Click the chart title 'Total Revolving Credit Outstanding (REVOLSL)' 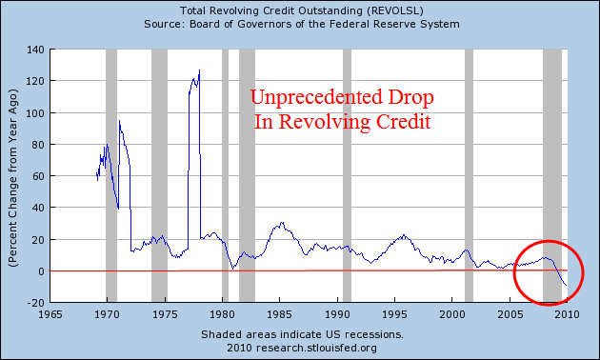point(300,9)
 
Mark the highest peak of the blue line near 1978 point(199,70)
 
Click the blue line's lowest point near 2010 point(566,285)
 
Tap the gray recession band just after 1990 point(347,176)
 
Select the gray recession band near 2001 point(469,176)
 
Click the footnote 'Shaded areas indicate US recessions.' point(302,335)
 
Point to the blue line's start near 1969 point(97,177)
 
